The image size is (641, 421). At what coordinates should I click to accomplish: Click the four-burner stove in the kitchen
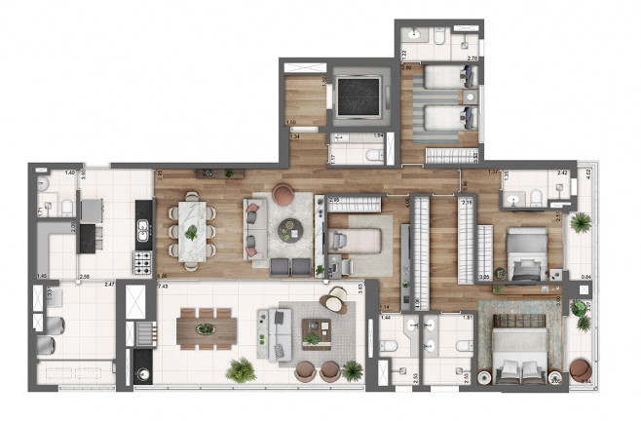(142, 261)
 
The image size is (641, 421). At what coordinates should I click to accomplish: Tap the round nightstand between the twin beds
(470, 98)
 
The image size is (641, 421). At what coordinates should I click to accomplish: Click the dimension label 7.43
(164, 287)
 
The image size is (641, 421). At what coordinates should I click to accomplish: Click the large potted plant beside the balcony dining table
(240, 369)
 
